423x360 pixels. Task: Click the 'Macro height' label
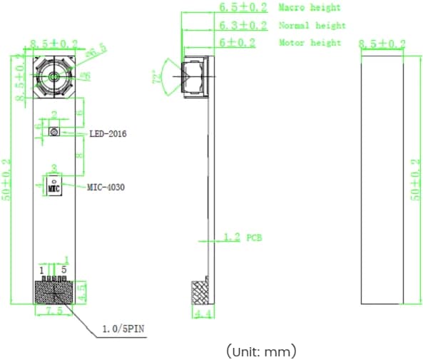pyautogui.click(x=309, y=8)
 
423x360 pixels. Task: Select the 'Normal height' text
pyautogui.click(x=312, y=26)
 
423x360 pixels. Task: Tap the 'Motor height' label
pyautogui.click(x=310, y=43)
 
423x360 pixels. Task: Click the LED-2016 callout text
pyautogui.click(x=107, y=133)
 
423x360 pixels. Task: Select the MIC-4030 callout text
pyautogui.click(x=106, y=187)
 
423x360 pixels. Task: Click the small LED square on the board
pyautogui.click(x=53, y=132)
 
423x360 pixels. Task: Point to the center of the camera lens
pyautogui.click(x=54, y=76)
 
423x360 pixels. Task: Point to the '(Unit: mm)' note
pyautogui.click(x=261, y=351)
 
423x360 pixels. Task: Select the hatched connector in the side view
pyautogui.click(x=200, y=293)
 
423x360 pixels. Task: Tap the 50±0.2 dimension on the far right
pyautogui.click(x=417, y=180)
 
